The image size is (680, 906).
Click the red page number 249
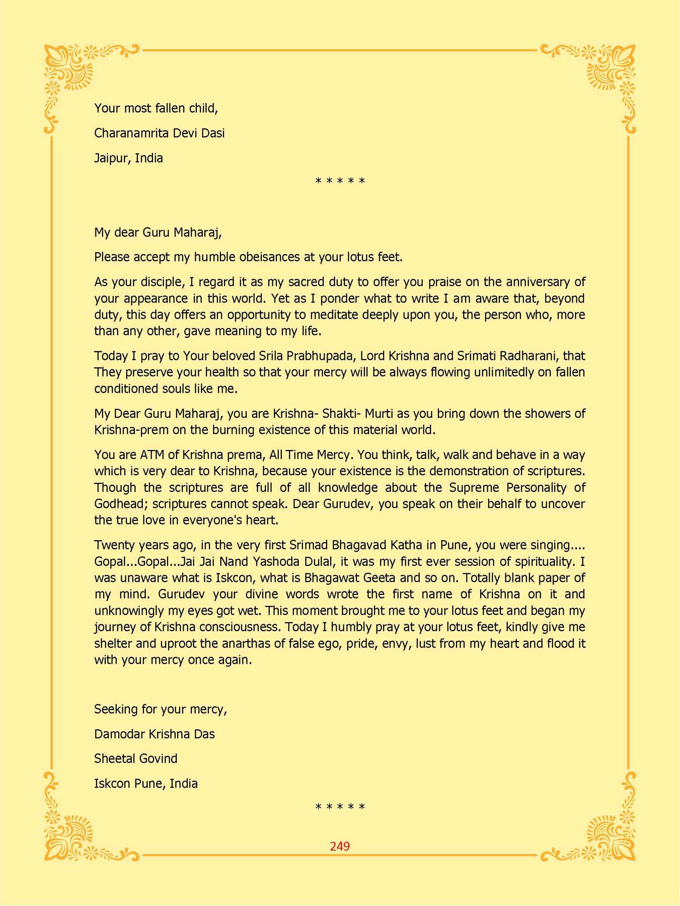pyautogui.click(x=340, y=846)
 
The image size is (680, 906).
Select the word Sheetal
pyautogui.click(x=112, y=759)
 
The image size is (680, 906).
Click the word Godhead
pyautogui.click(x=119, y=504)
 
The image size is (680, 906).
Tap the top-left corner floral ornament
pyautogui.click(x=70, y=70)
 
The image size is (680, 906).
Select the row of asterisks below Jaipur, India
pyautogui.click(x=340, y=181)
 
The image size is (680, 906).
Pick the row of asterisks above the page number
pyautogui.click(x=340, y=807)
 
